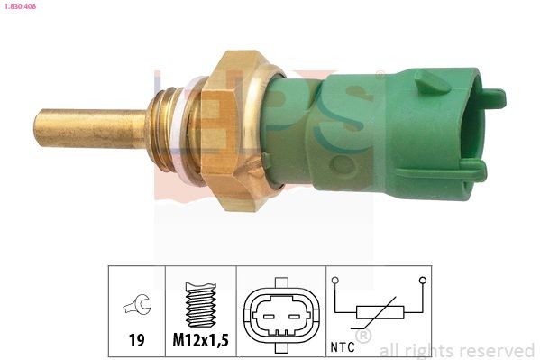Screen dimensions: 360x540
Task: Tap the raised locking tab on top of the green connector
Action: pyautogui.click(x=431, y=80)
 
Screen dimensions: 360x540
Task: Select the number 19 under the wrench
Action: pyautogui.click(x=135, y=340)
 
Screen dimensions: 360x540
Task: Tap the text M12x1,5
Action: pyautogui.click(x=199, y=340)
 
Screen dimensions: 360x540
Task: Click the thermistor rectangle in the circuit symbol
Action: pyautogui.click(x=379, y=313)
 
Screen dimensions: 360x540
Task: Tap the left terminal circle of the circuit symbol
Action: pyautogui.click(x=335, y=281)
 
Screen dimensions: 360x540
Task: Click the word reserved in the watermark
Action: pyautogui.click(x=499, y=350)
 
